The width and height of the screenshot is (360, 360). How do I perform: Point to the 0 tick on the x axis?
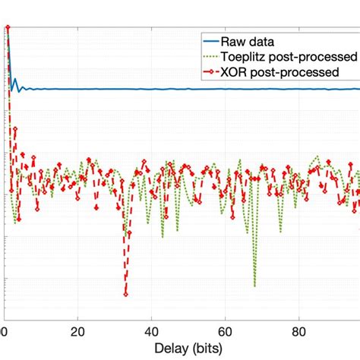6,331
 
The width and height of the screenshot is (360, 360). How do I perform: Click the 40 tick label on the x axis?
152,331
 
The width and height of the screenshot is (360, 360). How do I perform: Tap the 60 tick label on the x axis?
225,331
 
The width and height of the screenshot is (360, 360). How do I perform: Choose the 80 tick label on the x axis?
298,331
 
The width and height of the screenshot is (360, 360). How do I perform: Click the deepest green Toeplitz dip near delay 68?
254,286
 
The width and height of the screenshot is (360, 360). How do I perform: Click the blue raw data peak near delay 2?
14,78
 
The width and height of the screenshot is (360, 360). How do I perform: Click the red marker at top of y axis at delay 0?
7,29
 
